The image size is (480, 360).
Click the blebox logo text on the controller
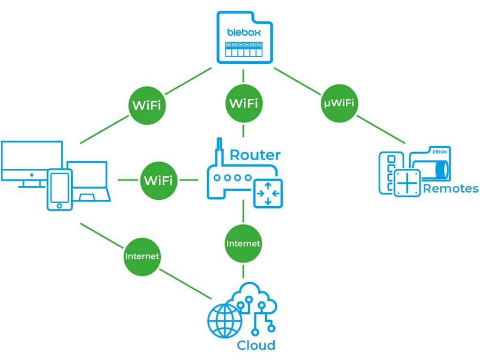243,32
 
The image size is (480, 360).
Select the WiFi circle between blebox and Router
243,103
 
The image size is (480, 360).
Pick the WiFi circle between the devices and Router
158,180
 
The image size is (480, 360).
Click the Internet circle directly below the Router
243,244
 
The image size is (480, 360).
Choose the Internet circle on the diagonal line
142,256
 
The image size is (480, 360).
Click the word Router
255,155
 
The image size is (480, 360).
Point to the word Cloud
256,345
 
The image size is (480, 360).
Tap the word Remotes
450,189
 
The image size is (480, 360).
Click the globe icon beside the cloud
225,320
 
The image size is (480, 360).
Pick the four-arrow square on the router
268,193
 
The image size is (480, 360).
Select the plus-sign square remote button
407,182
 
